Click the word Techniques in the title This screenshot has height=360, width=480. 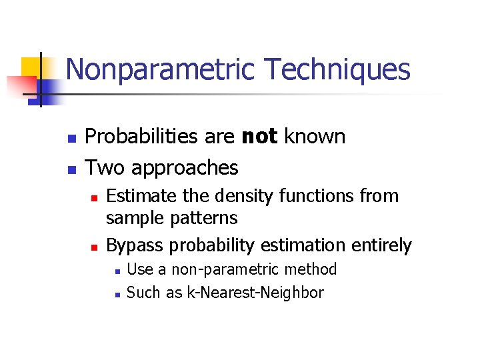(337, 70)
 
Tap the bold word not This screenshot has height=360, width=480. (259, 137)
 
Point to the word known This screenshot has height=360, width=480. (315, 137)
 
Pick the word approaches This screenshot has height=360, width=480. (185, 167)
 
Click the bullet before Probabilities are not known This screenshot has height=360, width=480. (71, 137)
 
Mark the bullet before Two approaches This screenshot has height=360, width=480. (71, 168)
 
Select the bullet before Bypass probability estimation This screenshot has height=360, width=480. (95, 247)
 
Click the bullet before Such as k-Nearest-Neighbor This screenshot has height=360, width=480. (116, 293)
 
